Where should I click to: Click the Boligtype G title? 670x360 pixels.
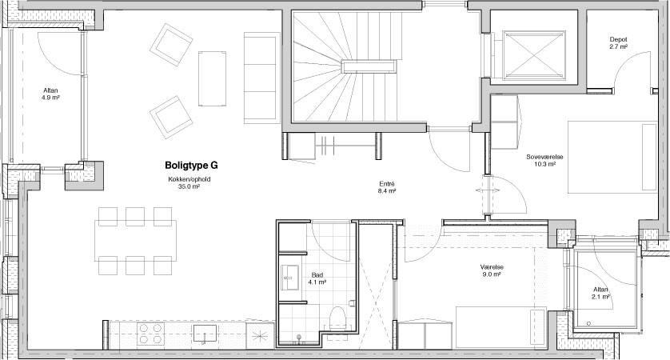[x=191, y=166]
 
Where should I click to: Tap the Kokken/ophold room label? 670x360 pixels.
[x=189, y=179]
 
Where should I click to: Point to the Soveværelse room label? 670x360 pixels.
[x=544, y=157]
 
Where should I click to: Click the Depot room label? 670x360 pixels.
[x=618, y=40]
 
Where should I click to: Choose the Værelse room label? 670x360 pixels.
[x=492, y=267]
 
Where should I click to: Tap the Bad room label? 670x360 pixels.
[x=317, y=275]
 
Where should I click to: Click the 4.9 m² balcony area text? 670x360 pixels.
[x=51, y=97]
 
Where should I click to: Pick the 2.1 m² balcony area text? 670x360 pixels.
[x=600, y=297]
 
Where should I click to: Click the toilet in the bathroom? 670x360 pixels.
[x=339, y=318]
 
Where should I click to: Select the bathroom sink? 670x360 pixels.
[x=290, y=277]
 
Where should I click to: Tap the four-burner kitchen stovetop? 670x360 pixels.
[x=151, y=334]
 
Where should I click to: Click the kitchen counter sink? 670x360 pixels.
[x=205, y=334]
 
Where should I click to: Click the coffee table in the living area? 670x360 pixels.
[x=212, y=78]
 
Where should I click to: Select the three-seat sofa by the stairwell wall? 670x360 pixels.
[x=259, y=78]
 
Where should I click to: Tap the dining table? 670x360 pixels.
[x=136, y=240]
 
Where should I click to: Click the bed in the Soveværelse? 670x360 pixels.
[x=612, y=157]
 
